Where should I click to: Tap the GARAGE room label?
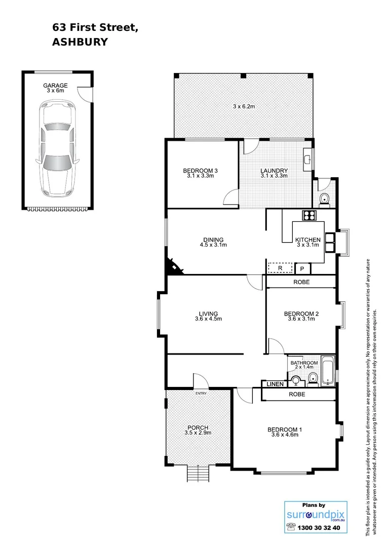55,86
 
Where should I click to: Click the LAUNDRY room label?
274,171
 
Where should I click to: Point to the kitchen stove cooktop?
309,215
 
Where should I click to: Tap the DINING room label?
213,240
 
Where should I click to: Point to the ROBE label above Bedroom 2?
300,282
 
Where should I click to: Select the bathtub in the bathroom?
328,371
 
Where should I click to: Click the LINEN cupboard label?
275,384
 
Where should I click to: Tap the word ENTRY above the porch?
202,394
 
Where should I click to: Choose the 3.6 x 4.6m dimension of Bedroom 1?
285,436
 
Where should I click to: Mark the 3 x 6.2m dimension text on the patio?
244,106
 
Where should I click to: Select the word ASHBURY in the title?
80,43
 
